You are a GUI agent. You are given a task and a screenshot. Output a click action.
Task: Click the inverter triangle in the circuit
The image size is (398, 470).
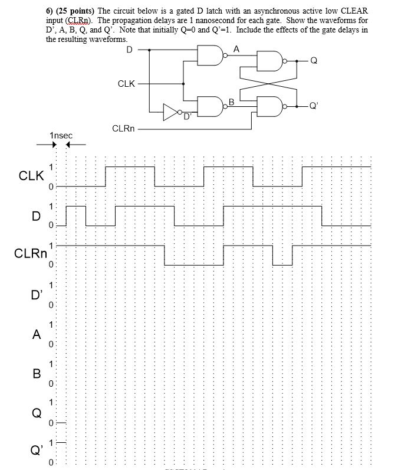170,110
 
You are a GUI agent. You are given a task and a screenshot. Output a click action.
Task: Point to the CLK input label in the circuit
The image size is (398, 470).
126,84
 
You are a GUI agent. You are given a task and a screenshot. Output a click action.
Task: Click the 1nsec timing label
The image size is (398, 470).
61,136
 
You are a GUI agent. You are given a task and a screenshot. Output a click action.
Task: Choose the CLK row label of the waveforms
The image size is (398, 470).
31,175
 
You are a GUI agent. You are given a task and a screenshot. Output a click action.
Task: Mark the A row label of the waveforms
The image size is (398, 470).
37,335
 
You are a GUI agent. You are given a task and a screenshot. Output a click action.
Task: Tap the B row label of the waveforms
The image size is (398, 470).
37,373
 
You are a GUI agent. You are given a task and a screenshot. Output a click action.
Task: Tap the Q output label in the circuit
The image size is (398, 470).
314,60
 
